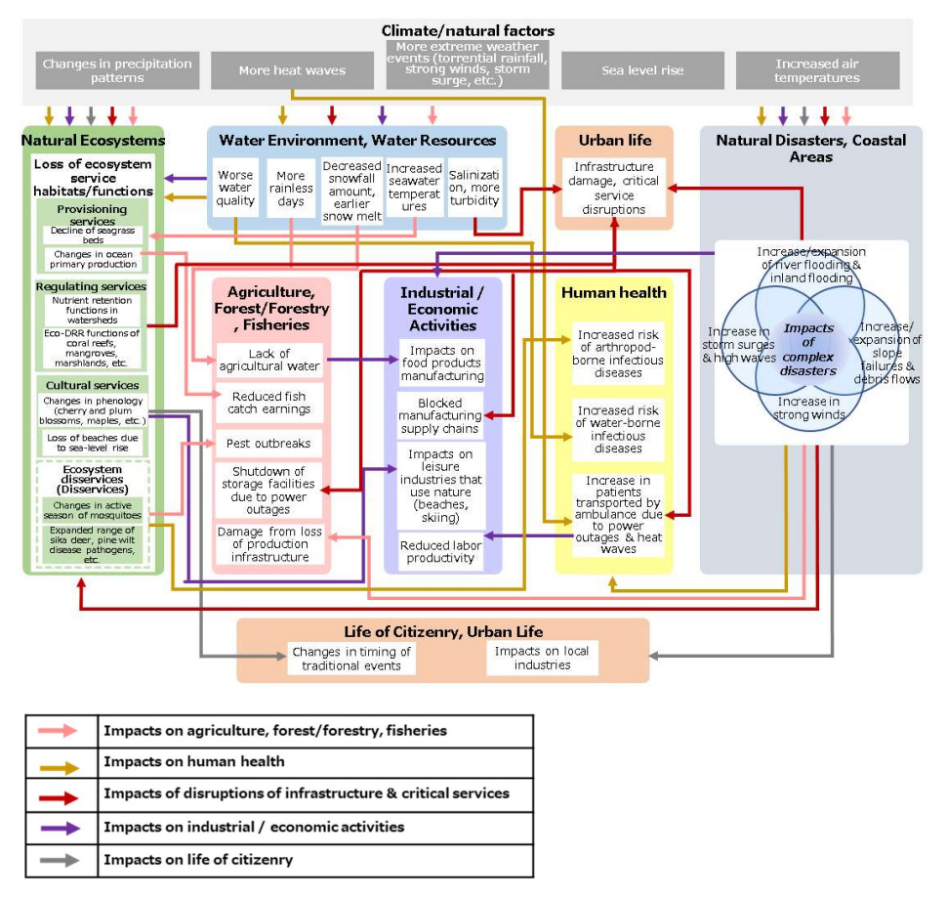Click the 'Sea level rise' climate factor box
[642, 70]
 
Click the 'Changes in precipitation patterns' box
[117, 70]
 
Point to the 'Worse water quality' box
[235, 188]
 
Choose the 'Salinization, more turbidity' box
[475, 188]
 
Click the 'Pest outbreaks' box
[268, 444]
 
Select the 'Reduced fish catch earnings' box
[268, 404]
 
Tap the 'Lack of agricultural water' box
[268, 361]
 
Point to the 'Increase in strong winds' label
[809, 408]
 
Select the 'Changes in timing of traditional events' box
[350, 659]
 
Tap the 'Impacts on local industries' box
[542, 659]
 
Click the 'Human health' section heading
[613, 292]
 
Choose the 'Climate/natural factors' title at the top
[468, 31]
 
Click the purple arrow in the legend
[58, 827]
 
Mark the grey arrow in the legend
[58, 860]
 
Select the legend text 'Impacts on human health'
[194, 762]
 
